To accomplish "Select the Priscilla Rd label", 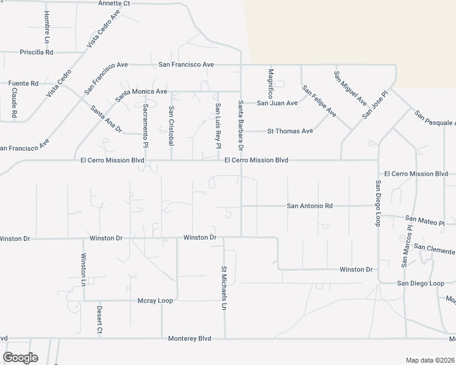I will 37,52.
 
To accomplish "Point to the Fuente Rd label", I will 23,83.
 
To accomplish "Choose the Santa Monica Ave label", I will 141,92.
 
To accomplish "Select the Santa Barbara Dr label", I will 241,126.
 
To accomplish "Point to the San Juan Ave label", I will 277,103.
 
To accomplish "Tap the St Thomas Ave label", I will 290,131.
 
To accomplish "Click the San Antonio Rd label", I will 310,206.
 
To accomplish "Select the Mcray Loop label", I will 155,301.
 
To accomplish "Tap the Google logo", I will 20,358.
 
